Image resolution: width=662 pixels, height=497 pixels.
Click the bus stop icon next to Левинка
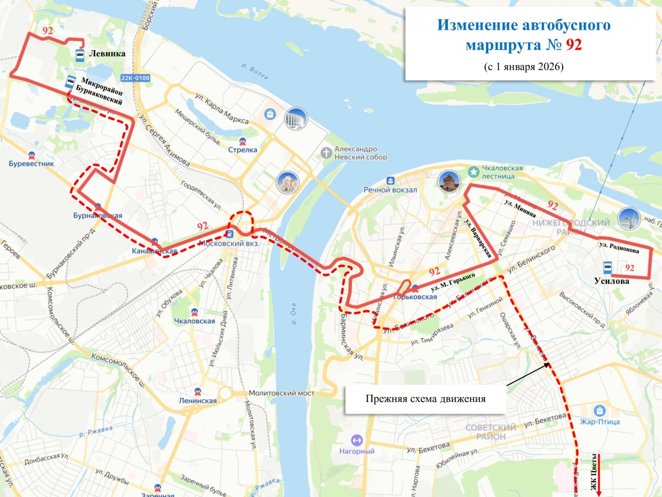tap(81, 54)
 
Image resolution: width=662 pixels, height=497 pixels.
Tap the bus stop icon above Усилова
tap(607, 268)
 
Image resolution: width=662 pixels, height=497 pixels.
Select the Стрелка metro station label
tap(243, 149)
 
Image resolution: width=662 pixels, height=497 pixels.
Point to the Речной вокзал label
tap(389, 189)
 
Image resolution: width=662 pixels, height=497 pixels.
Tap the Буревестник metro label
tap(31, 163)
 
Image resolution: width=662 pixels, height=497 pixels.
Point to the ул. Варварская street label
tap(478, 240)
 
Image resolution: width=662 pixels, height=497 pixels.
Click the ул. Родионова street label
tap(619, 246)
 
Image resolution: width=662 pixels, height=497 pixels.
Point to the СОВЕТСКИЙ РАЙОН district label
tap(490, 432)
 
